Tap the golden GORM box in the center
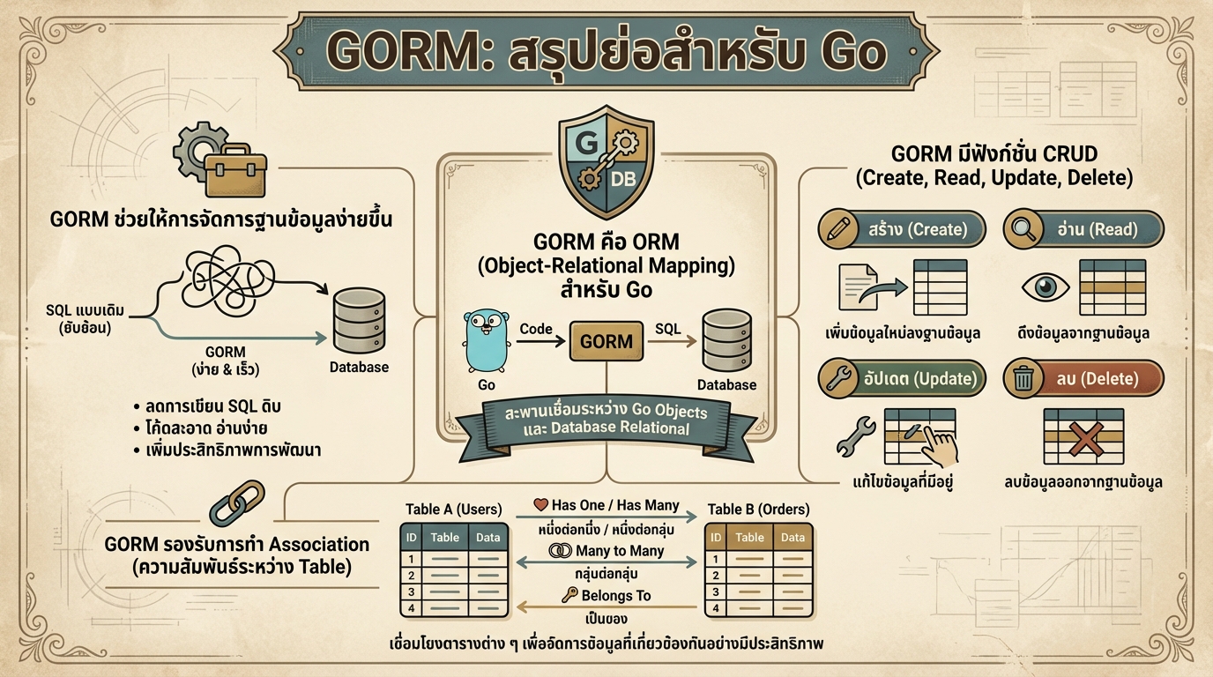[x=606, y=342]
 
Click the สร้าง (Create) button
[x=901, y=230]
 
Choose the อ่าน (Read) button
[x=1083, y=230]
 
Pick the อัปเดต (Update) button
[x=901, y=379]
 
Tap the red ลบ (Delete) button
[x=1083, y=379]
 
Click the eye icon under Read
[x=1045, y=287]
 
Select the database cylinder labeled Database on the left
[x=359, y=321]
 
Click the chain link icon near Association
[x=236, y=503]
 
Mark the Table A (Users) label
[x=453, y=510]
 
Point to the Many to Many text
[x=619, y=551]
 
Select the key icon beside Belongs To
[x=569, y=596]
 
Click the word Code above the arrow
[x=535, y=329]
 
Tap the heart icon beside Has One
[x=541, y=506]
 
